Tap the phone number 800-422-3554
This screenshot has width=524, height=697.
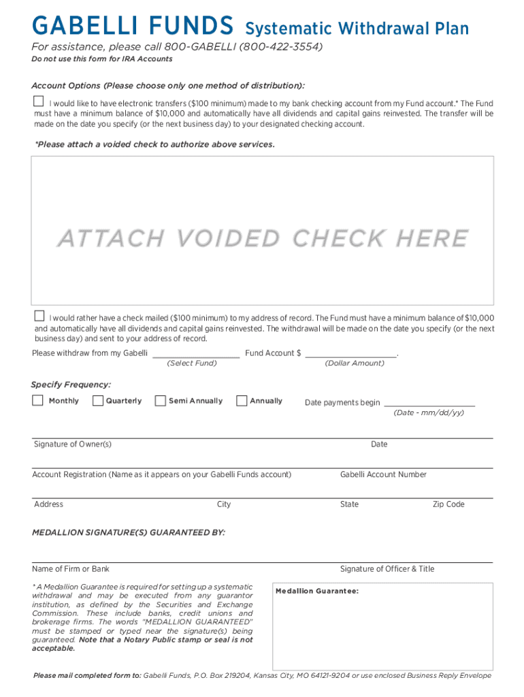tap(280, 47)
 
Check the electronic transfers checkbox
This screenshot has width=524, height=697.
tap(39, 101)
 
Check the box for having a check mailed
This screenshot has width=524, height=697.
tap(39, 316)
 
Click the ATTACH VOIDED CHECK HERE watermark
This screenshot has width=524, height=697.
tap(263, 238)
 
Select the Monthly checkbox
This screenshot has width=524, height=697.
tap(38, 400)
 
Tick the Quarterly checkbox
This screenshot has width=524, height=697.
tap(98, 400)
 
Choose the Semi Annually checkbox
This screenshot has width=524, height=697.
tap(161, 400)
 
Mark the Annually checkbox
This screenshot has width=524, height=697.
tap(242, 400)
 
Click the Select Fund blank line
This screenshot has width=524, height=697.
tap(195, 354)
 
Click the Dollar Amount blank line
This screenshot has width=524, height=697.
tap(350, 354)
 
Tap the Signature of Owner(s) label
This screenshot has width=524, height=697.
tap(73, 444)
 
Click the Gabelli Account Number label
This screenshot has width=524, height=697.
tap(383, 474)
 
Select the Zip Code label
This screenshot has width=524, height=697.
tap(448, 504)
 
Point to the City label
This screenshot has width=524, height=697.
tap(224, 504)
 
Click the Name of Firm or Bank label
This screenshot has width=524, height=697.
tap(71, 569)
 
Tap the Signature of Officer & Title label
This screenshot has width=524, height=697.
tap(387, 569)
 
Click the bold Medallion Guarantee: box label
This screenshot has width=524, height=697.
tap(316, 591)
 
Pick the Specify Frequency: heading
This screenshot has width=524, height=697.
tap(71, 385)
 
